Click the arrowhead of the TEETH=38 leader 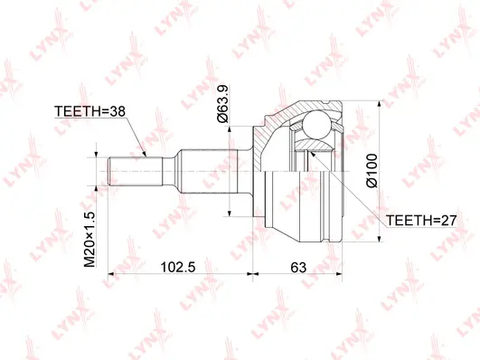(x=145, y=155)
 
